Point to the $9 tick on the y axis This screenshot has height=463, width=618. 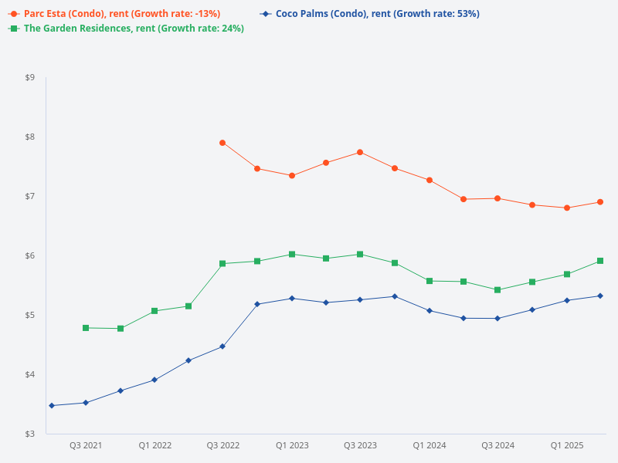point(30,77)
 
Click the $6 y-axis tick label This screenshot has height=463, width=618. point(30,255)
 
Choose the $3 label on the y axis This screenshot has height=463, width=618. point(30,434)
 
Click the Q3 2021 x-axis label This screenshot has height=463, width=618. point(86,445)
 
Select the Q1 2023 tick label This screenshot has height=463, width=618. point(292,445)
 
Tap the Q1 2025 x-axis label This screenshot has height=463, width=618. point(567,445)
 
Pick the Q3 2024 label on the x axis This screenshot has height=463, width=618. point(498,445)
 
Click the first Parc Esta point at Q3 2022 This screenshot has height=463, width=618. point(222,143)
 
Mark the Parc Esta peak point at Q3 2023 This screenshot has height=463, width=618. point(360,152)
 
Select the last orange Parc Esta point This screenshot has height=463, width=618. point(600,202)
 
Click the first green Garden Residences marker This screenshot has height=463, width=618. point(86,328)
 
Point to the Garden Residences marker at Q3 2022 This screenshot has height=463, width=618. point(222,263)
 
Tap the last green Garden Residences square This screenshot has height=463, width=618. point(600,261)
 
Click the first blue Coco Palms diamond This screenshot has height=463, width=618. point(52,405)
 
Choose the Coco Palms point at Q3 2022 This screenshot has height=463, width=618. point(222,346)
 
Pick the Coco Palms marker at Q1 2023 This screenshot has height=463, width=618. point(292,298)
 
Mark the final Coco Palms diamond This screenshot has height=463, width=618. point(600,296)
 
